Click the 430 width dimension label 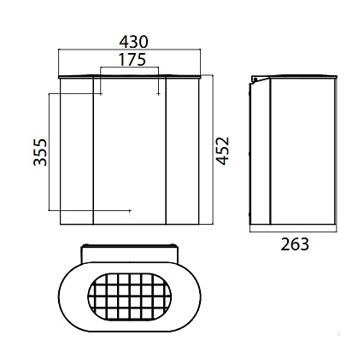(133, 42)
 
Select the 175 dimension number (132, 60)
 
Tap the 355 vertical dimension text (40, 152)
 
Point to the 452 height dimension (222, 150)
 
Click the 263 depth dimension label (295, 244)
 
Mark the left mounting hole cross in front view (101, 94)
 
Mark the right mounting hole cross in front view (158, 94)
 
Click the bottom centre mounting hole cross (130, 211)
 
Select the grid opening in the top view (130, 296)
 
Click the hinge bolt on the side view (255, 79)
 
